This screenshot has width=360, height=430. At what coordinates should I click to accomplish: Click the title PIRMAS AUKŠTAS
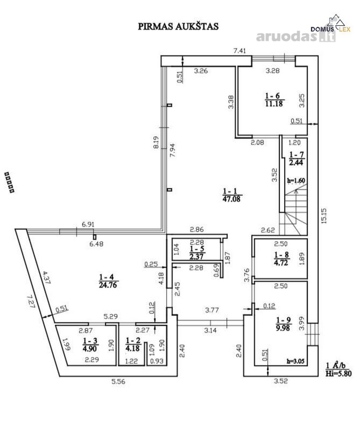[x=178, y=26]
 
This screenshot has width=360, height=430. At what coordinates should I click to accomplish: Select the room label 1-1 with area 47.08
[x=232, y=195]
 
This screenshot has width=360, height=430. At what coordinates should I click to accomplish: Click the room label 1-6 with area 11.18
[x=274, y=99]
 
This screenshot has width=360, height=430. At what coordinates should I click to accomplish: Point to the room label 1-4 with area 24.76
[x=108, y=281]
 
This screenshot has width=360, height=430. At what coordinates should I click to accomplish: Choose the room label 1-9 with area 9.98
[x=283, y=324]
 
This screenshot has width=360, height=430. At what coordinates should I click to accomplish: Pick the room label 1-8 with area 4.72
[x=281, y=259]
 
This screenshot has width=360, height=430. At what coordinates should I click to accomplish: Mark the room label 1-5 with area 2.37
[x=197, y=253]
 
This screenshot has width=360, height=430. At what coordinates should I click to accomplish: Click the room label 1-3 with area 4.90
[x=90, y=344]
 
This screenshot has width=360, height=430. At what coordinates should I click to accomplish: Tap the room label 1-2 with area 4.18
[x=133, y=344]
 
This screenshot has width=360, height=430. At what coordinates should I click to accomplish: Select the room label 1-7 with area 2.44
[x=296, y=159]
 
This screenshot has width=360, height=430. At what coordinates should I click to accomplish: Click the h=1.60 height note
[x=296, y=181]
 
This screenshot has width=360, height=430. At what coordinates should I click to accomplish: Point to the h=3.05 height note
[x=296, y=361]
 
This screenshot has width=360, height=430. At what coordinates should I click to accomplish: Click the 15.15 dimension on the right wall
[x=324, y=215]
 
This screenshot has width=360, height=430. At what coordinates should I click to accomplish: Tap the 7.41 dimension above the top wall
[x=240, y=51]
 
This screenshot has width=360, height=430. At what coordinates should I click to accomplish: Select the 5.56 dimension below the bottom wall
[x=118, y=381]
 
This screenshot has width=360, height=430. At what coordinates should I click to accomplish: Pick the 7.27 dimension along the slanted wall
[x=31, y=301]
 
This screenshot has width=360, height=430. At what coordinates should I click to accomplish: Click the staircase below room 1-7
[x=296, y=210]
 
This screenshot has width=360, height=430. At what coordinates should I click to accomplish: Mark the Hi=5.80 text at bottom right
[x=339, y=373]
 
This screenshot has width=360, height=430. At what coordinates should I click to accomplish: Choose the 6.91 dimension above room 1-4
[x=88, y=224]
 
